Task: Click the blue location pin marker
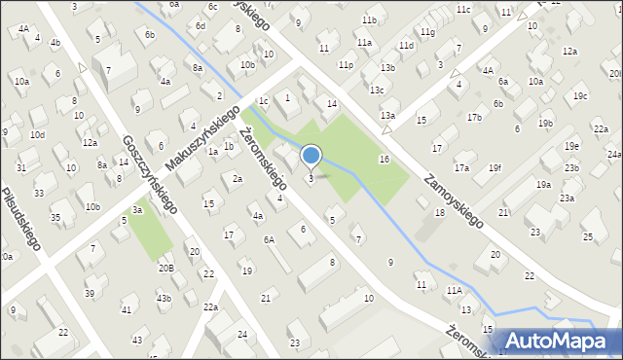(x=311, y=155)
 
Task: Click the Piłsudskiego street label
(x=21, y=219)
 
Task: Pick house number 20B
(x=166, y=268)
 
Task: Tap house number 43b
(x=164, y=298)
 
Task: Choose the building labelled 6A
(x=269, y=239)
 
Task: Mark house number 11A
(x=454, y=290)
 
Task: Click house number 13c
(x=376, y=90)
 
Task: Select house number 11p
(x=346, y=64)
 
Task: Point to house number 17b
(x=474, y=118)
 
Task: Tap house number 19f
(x=495, y=167)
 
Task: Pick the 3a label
(x=138, y=210)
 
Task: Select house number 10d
(x=37, y=134)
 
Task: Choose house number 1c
(x=263, y=100)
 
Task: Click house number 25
(x=587, y=237)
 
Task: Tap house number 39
(x=90, y=293)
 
